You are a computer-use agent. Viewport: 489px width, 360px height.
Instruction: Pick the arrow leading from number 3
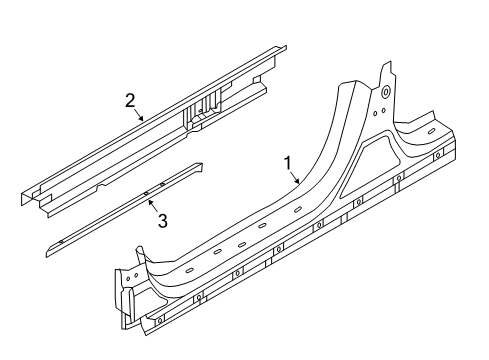[x=153, y=205]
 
